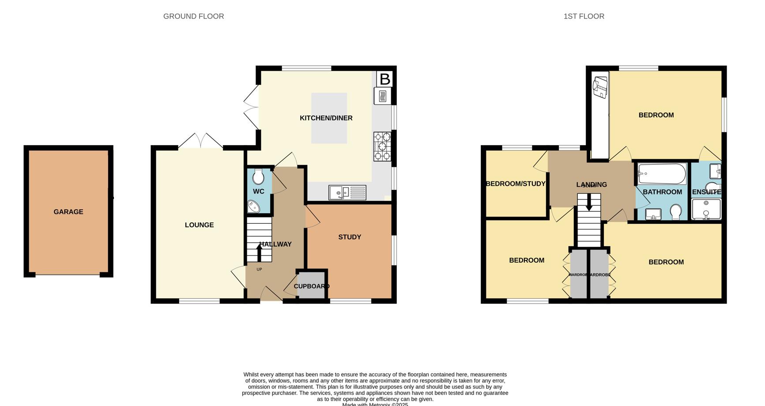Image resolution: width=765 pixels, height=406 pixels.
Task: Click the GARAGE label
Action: pos(68,212)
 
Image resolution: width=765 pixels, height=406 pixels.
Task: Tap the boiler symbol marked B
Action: pos(384,79)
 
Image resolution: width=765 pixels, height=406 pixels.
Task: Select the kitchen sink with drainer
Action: pos(347,192)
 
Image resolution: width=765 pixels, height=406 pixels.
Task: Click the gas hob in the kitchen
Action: pos(382,147)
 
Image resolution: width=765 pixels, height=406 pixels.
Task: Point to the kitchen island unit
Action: pos(329,118)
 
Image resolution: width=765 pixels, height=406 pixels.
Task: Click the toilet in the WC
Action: pos(258,177)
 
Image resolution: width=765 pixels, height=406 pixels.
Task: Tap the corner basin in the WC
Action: pos(254,206)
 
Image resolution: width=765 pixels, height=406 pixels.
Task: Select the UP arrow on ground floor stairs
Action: pos(259,253)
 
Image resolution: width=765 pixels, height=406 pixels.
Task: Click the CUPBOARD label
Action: pos(312,286)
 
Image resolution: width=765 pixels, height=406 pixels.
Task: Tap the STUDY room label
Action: pos(350,237)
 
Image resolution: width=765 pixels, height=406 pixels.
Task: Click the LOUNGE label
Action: pos(199,225)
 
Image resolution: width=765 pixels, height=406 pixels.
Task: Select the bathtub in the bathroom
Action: pos(662,174)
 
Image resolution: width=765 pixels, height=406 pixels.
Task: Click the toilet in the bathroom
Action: pos(675,212)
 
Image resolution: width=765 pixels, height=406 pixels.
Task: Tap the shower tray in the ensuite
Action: pos(706,209)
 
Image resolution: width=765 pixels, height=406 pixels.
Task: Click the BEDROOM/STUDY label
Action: pos(516,184)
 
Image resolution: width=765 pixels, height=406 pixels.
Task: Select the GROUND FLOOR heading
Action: pos(193,16)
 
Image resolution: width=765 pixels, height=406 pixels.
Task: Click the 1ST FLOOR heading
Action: pos(584,16)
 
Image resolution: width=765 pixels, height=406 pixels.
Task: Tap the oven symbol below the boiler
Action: pos(382,96)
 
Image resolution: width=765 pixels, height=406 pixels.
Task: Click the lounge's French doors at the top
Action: pos(200,140)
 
